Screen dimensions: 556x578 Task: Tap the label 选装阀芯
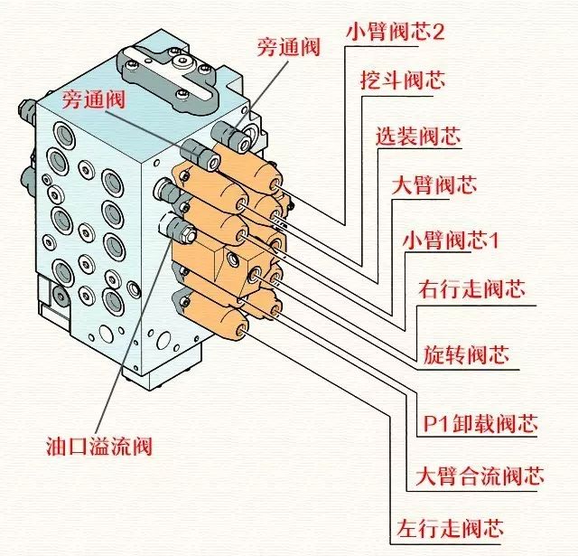[418, 137]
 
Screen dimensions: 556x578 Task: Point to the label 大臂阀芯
[433, 186]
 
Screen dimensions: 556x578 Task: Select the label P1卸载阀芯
[480, 423]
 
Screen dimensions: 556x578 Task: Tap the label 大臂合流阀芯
[480, 476]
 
